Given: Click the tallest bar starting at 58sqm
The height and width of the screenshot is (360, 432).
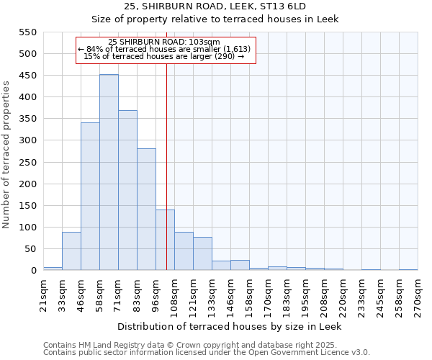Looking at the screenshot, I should point(109,173).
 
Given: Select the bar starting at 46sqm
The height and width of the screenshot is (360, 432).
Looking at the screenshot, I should point(90,197).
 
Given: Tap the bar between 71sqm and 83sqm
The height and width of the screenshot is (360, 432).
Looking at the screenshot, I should point(127,191).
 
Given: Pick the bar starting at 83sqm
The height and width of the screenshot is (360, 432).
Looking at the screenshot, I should point(146,210).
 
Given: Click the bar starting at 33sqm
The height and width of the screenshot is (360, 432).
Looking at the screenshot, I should point(71,251).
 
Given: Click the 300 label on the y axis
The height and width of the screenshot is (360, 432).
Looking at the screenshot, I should point(27,140).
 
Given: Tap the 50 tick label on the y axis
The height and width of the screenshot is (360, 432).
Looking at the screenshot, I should point(30,249).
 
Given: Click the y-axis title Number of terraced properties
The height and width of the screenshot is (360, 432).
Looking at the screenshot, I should point(6,155).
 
